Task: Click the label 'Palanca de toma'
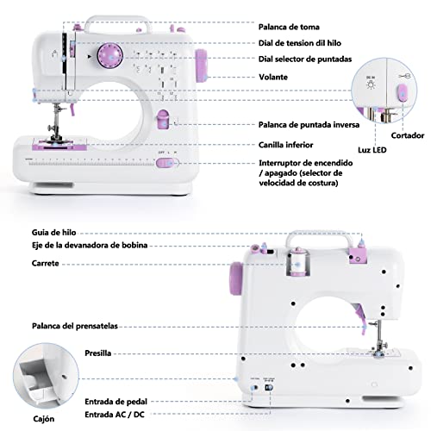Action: [289, 26]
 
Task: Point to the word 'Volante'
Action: [274, 77]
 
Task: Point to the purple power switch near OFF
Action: [170, 161]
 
